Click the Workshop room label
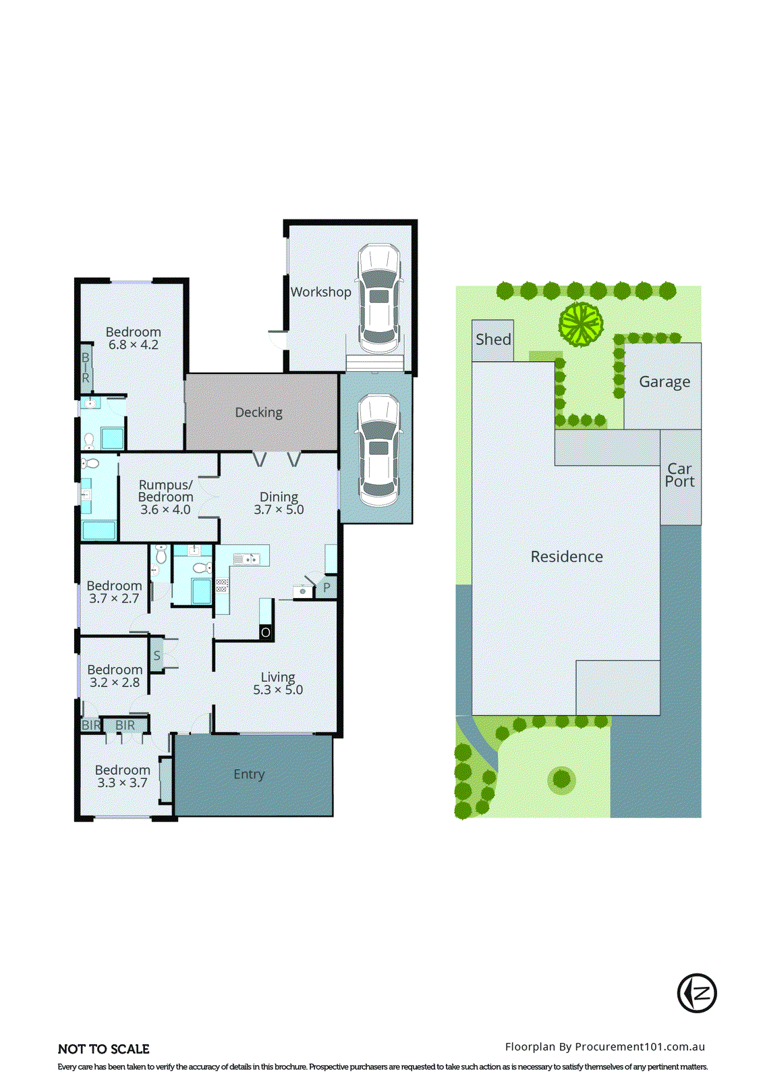coord(320,292)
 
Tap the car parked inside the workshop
coord(378,298)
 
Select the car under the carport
coord(378,450)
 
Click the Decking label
coord(258,412)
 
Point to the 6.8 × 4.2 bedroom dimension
coord(134,345)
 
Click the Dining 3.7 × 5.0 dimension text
coord(279,510)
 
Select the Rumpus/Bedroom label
coord(165,491)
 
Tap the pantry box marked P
coord(327,587)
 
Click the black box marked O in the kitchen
coord(266,632)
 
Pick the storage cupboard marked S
coord(157,655)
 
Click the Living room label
coord(278,677)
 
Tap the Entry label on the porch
coord(249,774)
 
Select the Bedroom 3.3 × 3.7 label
coord(122,776)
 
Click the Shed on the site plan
coord(493,340)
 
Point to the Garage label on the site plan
coord(665,382)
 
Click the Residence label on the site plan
coord(567,557)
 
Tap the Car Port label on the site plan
coord(680,475)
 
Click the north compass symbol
coord(697,993)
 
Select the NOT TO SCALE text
coord(104,1049)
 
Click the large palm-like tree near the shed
coord(580,325)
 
